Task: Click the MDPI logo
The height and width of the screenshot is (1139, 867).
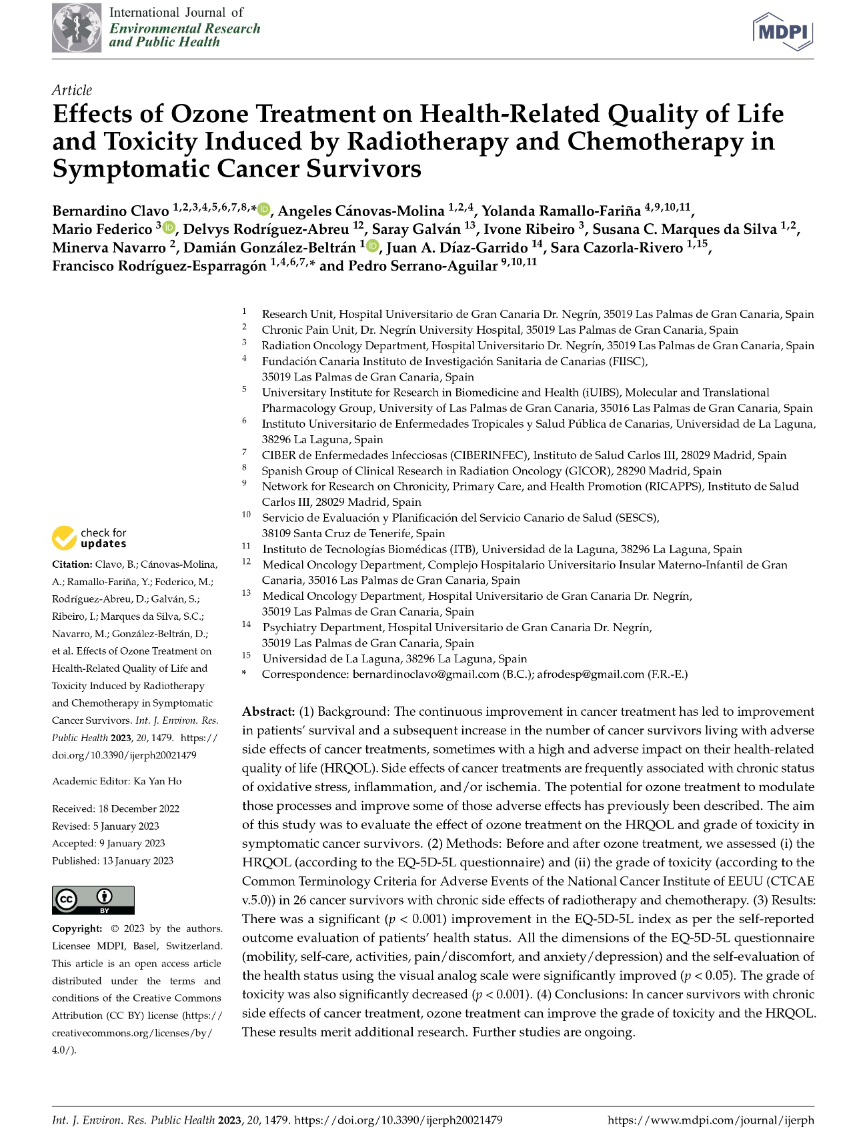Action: pos(783,31)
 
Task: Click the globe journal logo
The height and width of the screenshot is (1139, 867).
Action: pos(77,28)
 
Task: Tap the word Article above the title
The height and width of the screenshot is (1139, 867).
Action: pos(72,90)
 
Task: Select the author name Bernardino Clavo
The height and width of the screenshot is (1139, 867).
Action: pos(111,211)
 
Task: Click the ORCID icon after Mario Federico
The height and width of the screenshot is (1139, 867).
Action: pos(168,229)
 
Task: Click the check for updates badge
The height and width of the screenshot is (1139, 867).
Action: pos(89,538)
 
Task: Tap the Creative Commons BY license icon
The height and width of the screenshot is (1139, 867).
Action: pos(93,900)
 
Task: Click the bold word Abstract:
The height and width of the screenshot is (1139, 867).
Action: pos(268,711)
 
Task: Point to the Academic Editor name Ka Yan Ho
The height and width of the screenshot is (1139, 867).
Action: pos(157,781)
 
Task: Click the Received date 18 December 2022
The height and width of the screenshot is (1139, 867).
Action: pos(139,808)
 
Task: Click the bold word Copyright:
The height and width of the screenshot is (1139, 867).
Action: pos(77,928)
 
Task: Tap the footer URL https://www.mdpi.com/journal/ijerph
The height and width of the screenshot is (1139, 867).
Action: pos(710,1120)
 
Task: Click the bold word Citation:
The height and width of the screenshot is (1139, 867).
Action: pos(72,565)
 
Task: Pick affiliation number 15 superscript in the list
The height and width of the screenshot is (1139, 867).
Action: pos(246,656)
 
